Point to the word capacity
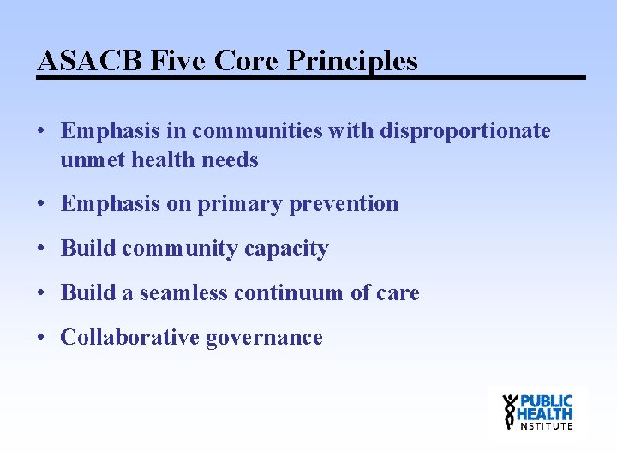286,249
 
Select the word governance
264,338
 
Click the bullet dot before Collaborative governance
41,338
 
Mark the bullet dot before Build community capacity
41,249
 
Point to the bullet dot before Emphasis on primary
41,204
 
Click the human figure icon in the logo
511,411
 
